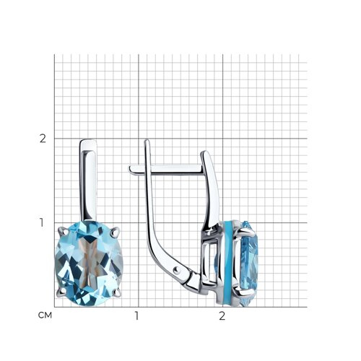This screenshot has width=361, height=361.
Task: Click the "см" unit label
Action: coord(45,316)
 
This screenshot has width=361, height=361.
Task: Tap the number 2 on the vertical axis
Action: coord(43,139)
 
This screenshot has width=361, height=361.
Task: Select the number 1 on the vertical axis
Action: coord(42,222)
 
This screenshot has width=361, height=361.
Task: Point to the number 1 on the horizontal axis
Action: coord(136,316)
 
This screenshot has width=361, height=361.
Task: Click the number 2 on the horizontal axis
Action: coord(222,316)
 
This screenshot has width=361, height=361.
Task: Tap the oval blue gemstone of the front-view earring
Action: coord(89,264)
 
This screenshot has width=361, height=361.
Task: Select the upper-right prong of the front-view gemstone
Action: coord(115,231)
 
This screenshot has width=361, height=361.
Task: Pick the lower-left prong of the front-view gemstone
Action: coord(62,292)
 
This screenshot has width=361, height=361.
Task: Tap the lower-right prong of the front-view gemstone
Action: coord(116,292)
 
